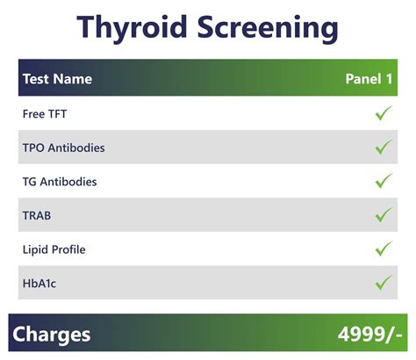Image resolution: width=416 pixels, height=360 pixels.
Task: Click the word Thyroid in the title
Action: click(x=132, y=27)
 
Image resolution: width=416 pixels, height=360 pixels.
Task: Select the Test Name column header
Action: click(x=57, y=79)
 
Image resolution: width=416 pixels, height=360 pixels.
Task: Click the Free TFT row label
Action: click(x=45, y=114)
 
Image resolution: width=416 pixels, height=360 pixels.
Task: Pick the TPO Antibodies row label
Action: click(x=63, y=148)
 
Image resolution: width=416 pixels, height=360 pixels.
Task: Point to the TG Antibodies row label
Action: click(x=60, y=182)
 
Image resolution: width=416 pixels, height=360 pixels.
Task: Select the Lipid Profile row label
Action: click(x=54, y=249)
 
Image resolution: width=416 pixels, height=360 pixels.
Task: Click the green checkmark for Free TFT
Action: click(x=383, y=114)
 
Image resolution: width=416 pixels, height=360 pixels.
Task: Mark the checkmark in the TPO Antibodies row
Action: click(x=383, y=148)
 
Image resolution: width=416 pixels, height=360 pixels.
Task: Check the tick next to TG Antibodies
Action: click(x=383, y=181)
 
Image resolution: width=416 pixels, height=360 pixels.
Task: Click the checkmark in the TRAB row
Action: click(x=383, y=214)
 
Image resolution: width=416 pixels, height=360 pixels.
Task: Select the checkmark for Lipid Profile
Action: click(x=383, y=248)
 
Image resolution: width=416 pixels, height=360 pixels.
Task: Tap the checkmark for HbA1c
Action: click(x=383, y=282)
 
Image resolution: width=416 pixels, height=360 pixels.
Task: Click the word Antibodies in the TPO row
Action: click(x=77, y=148)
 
